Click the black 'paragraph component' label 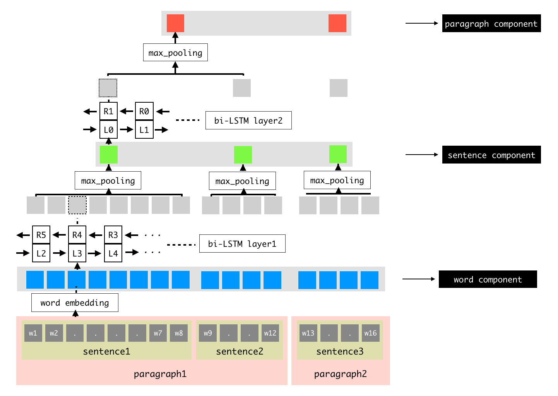[491, 23]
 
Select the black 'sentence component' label [491, 155]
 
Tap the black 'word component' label [488, 279]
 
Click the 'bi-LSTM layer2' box [248, 121]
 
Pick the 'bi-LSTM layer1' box [242, 244]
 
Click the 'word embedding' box [75, 303]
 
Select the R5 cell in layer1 [41, 235]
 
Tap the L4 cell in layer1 [113, 253]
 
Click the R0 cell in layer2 [144, 111]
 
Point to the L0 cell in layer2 [108, 129]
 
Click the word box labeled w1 [33, 333]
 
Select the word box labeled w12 [270, 333]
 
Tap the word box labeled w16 [370, 333]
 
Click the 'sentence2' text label [240, 351]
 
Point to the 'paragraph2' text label [341, 374]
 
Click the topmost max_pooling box [175, 52]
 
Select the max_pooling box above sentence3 [337, 180]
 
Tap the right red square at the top [337, 23]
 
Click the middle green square [243, 155]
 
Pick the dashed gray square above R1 [108, 88]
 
